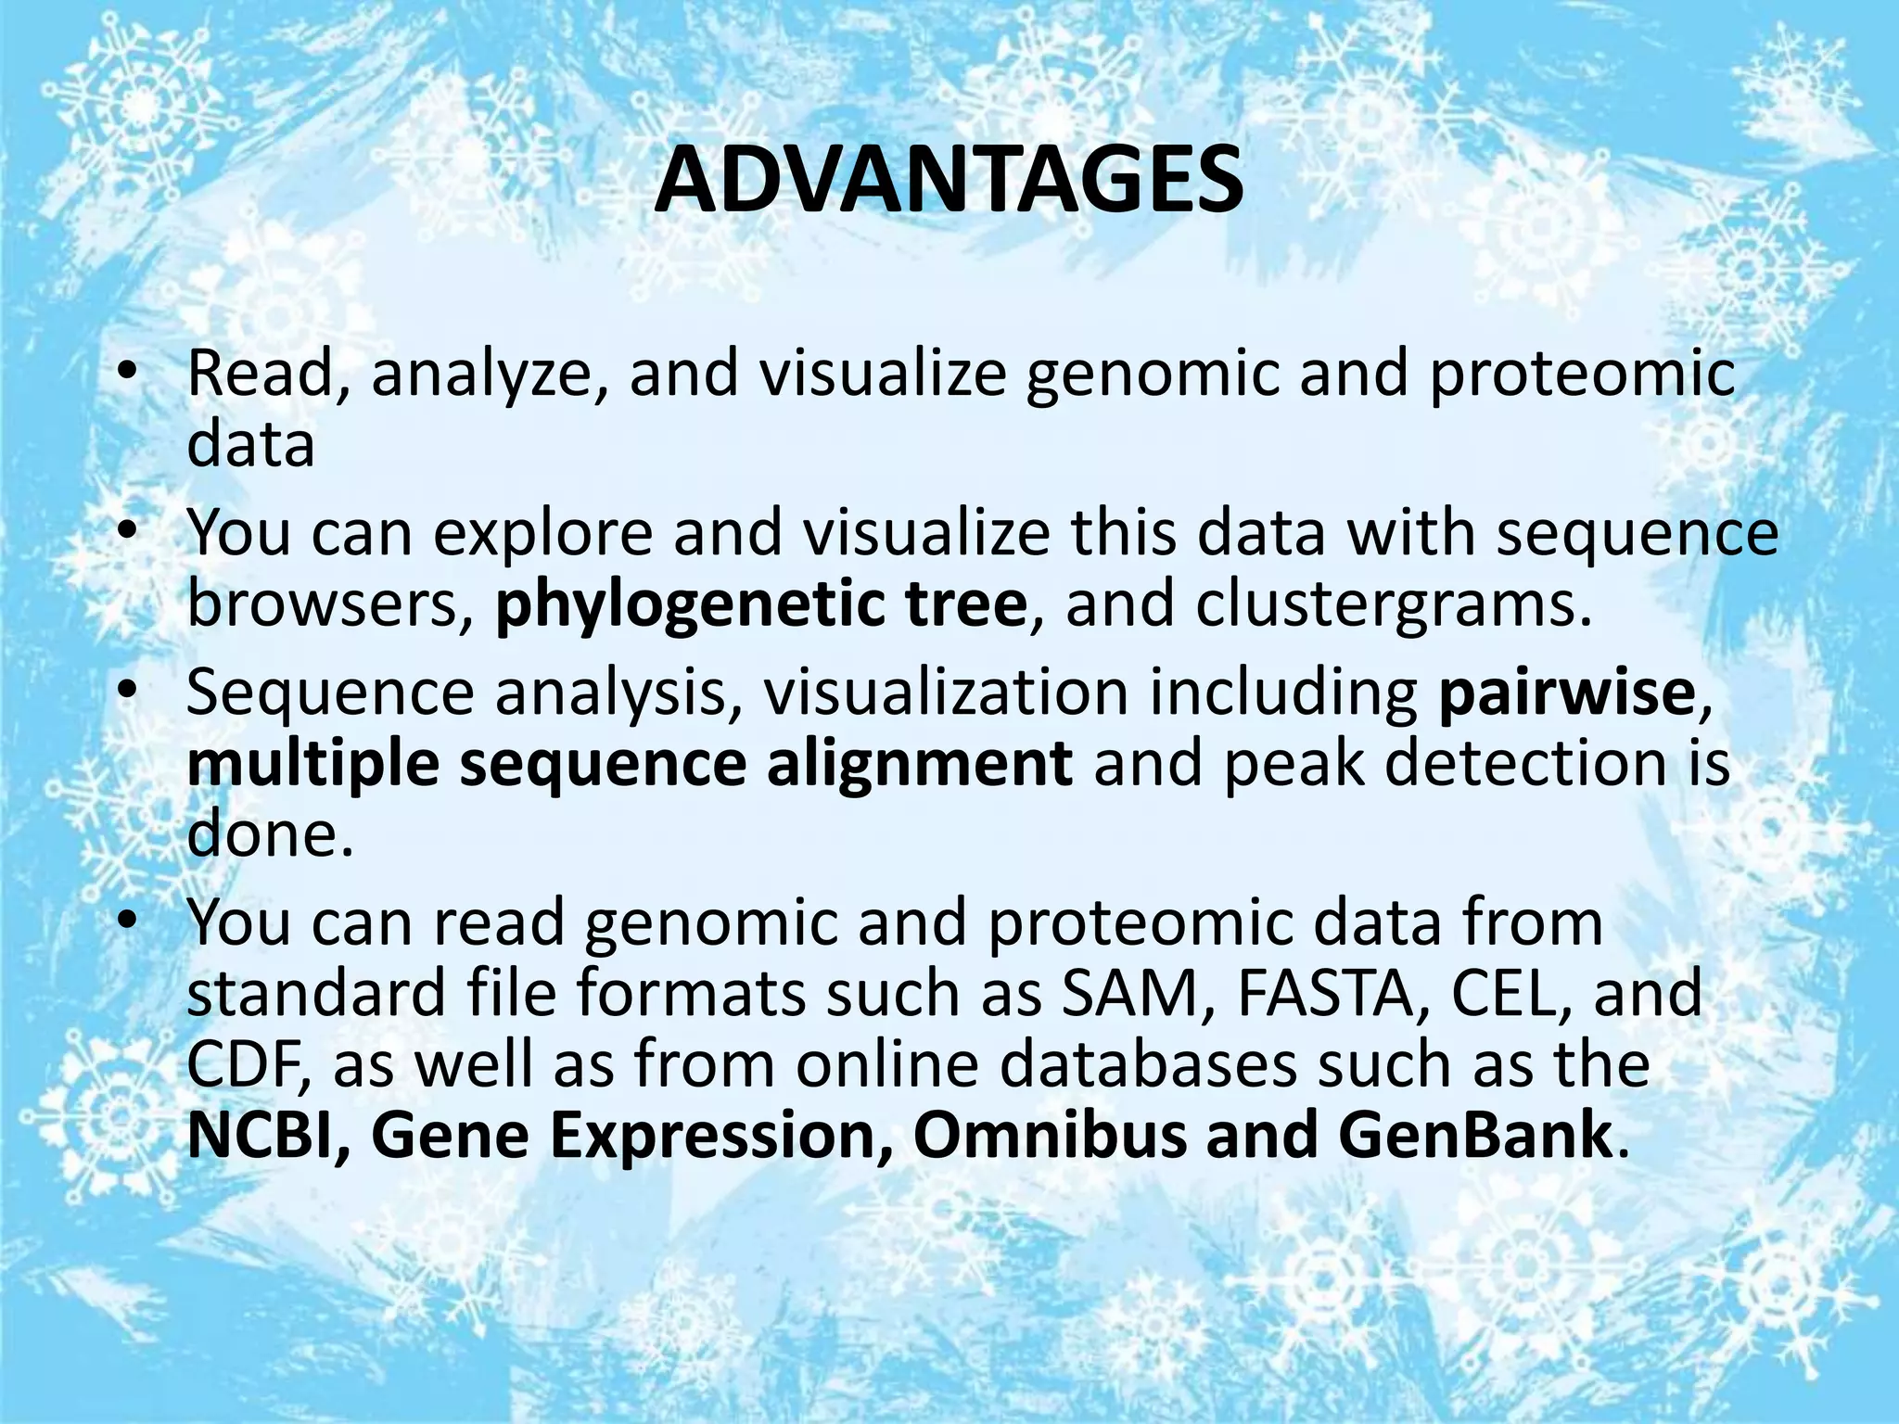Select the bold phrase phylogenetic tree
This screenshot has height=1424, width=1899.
[760, 604]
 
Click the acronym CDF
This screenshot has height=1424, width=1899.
[247, 1064]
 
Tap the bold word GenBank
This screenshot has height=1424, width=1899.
[1474, 1135]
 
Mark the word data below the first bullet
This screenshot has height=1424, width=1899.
[251, 445]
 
